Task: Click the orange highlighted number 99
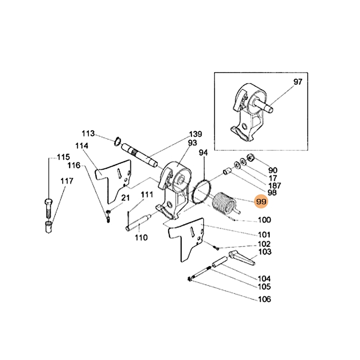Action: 261,202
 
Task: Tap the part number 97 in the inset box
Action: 298,82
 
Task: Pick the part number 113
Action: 88,133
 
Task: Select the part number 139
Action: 195,134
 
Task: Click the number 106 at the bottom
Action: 265,300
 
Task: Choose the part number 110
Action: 141,237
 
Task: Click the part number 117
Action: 67,181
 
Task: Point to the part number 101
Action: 264,234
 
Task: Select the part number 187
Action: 274,185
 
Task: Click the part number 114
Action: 82,146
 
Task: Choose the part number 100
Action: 264,220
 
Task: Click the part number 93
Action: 193,143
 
